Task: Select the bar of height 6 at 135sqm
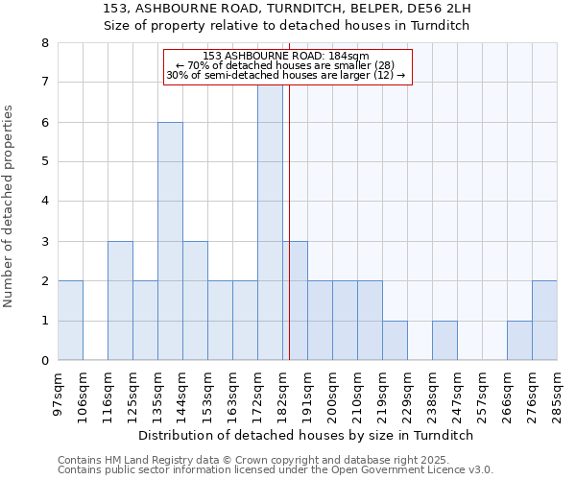click(x=170, y=241)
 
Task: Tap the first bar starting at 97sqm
click(x=70, y=321)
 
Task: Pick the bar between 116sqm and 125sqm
click(x=120, y=300)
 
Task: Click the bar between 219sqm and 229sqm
click(x=395, y=341)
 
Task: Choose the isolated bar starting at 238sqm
click(x=444, y=341)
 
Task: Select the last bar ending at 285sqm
click(x=544, y=321)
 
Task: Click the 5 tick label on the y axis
click(x=44, y=162)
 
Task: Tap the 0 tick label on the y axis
click(x=44, y=361)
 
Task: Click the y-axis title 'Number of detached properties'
click(x=10, y=206)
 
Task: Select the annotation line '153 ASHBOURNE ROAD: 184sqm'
click(x=286, y=56)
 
